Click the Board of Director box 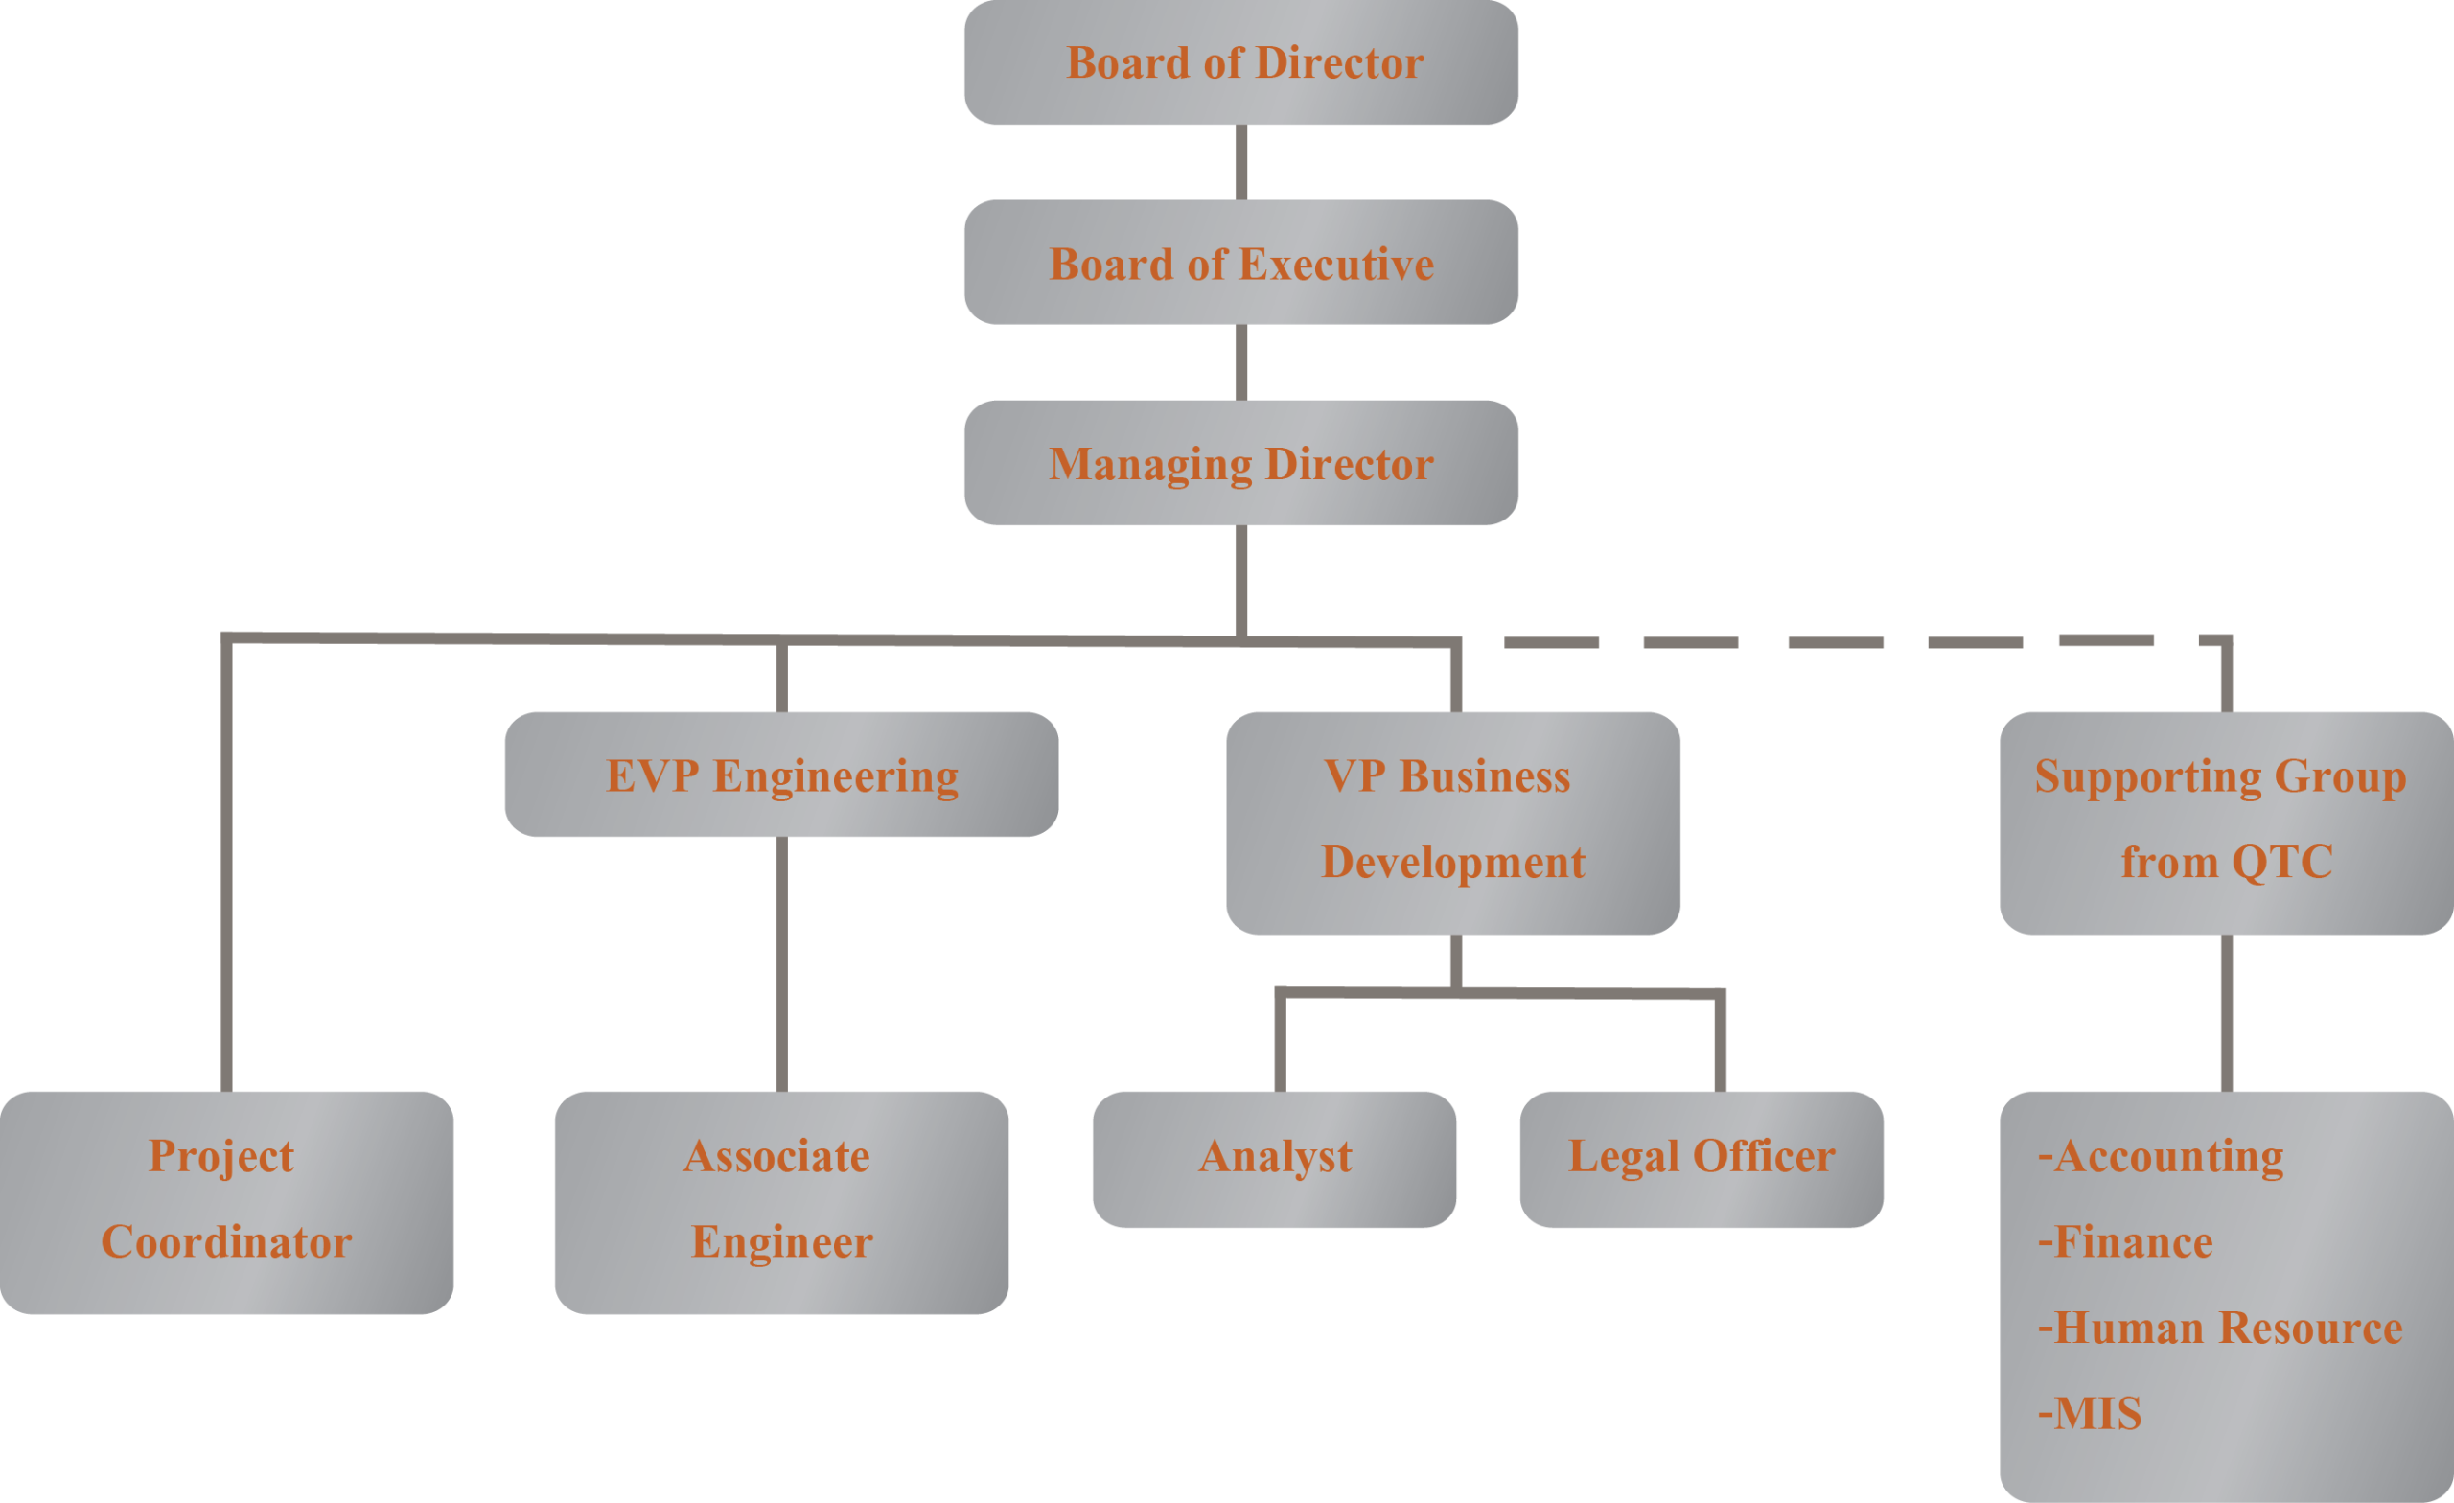[1240, 62]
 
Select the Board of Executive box [1240, 263]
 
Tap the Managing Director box [1240, 463]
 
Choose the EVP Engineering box [781, 775]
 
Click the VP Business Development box [1452, 821]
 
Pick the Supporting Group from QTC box [2225, 821]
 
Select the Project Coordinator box [226, 1201]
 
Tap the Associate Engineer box [781, 1201]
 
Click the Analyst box [1274, 1158]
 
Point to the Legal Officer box [1702, 1158]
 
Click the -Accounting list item [2161, 1157]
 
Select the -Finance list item [2124, 1243]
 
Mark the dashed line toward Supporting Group [1833, 642]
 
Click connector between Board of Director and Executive [1241, 161]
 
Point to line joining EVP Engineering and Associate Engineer [782, 963]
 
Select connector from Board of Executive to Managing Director [1241, 361]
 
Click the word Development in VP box [1452, 863]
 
